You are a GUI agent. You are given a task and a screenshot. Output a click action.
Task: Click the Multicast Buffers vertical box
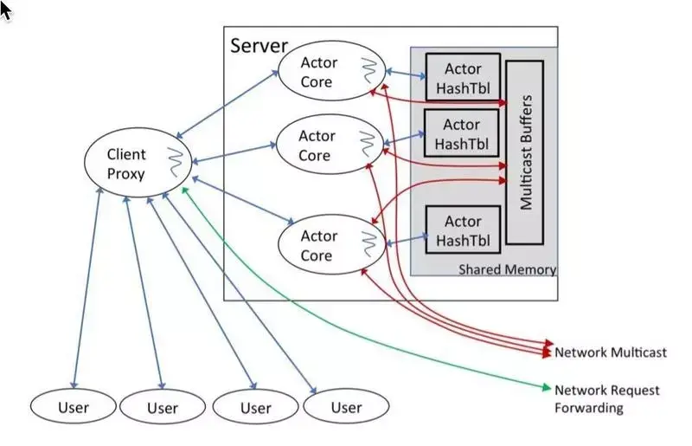point(524,152)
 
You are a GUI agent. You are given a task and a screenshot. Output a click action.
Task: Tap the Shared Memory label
point(506,269)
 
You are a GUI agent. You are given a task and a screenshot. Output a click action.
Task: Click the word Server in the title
point(259,44)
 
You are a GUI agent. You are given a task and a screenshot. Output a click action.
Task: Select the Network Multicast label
point(610,352)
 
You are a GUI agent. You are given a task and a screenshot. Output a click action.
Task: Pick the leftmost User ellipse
point(73,407)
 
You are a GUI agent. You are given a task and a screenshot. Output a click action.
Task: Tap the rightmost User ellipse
point(346,407)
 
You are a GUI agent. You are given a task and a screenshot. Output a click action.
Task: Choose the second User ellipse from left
point(162,407)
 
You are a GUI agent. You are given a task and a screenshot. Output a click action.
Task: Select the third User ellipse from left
point(255,407)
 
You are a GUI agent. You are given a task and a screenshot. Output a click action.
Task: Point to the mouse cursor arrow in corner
point(7,11)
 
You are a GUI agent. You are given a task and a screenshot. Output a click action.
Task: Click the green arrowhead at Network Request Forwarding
point(547,388)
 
